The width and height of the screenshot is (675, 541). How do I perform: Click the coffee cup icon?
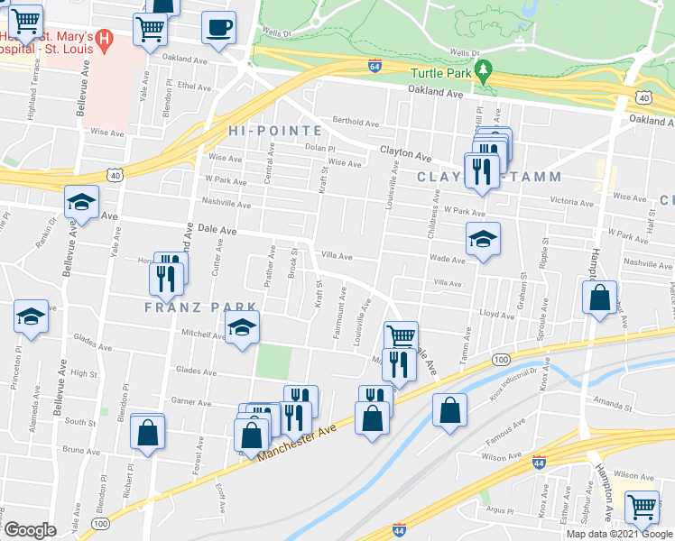coord(217,28)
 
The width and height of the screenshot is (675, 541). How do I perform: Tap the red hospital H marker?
coord(104,39)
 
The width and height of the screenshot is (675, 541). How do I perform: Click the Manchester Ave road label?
coord(297,442)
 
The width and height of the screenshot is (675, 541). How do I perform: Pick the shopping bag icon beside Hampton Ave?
coord(599,298)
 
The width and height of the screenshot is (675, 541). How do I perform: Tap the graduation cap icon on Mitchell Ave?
coord(242,327)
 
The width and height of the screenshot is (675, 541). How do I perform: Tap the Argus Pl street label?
coord(523,509)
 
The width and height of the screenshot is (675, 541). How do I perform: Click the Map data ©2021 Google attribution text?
coord(618,534)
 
